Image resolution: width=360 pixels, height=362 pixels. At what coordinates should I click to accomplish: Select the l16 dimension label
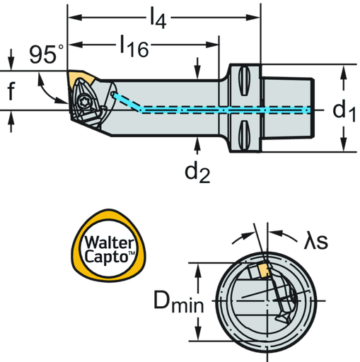pos(133,46)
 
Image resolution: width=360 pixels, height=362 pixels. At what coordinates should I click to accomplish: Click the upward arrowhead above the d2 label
pos(198,144)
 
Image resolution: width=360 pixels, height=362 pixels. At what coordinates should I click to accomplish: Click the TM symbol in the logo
pos(132,253)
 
